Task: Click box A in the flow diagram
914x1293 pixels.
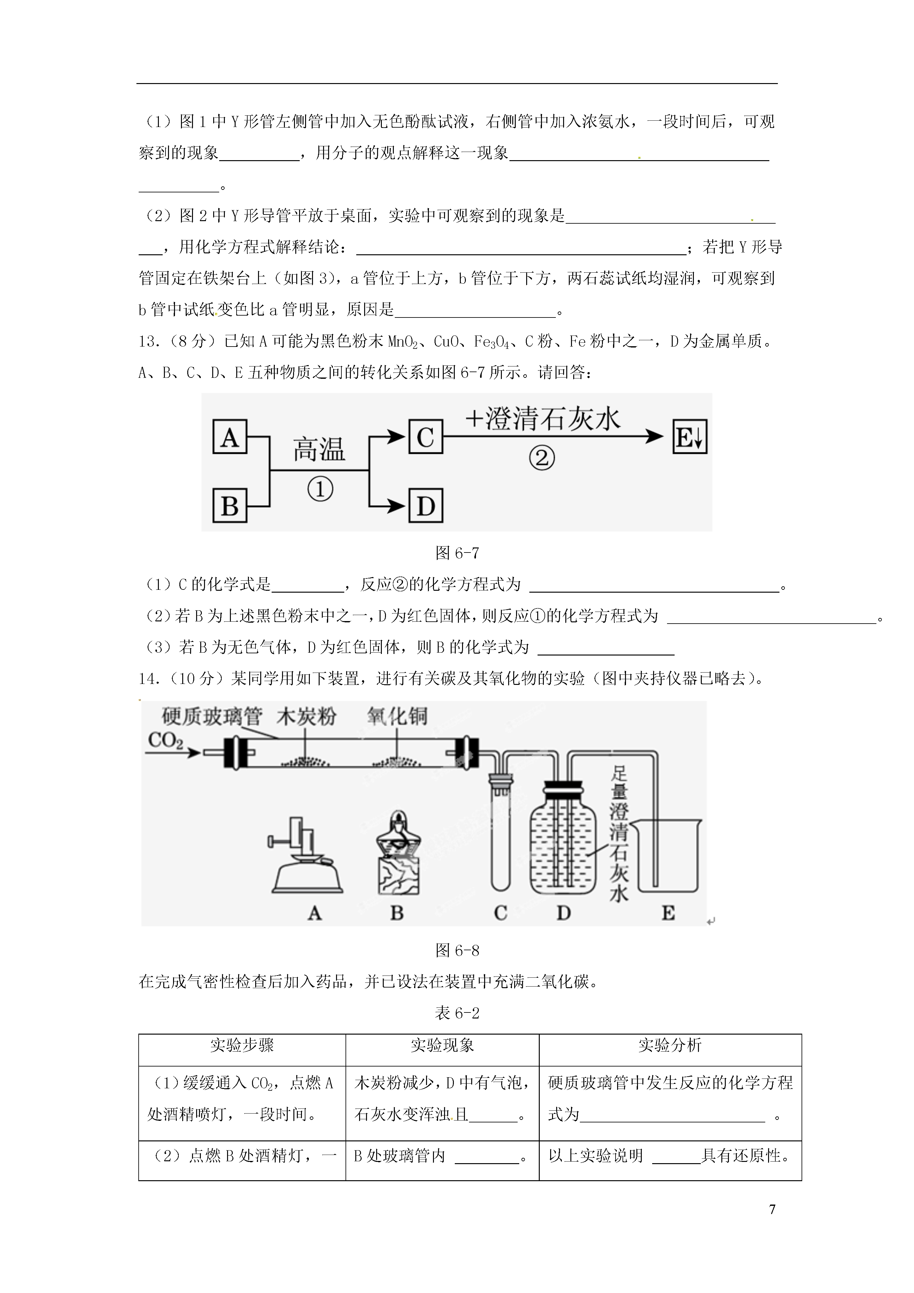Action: (x=230, y=437)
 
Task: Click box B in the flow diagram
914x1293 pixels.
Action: (x=230, y=506)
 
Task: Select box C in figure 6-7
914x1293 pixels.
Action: (x=426, y=437)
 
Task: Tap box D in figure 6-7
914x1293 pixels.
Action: (x=426, y=506)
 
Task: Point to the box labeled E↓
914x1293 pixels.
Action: (x=690, y=437)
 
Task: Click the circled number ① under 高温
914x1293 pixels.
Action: (x=320, y=489)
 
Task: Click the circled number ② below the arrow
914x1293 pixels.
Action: (x=542, y=458)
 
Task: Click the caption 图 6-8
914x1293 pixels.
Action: (x=457, y=951)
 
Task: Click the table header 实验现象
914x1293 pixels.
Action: (x=442, y=1046)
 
